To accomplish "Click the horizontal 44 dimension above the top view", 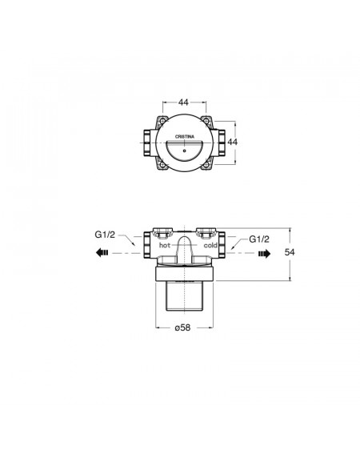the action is (183, 102).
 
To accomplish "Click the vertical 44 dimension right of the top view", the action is (232, 142).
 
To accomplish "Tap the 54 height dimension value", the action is (290, 252).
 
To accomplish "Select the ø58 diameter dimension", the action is (183, 327).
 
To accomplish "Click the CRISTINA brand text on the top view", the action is (185, 137).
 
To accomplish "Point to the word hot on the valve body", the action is (165, 245).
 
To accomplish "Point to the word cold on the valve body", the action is (210, 245).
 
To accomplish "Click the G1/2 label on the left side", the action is (105, 235).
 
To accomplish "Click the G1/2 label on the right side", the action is (259, 239).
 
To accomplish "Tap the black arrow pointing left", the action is (102, 252).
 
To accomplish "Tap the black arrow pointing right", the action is (264, 254).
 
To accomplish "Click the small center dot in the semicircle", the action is (184, 151).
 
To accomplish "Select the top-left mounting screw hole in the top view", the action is (163, 120).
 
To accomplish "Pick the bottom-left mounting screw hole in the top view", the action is (163, 165).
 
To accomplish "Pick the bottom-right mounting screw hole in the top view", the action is (206, 165).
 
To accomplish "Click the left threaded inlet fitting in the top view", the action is (147, 143).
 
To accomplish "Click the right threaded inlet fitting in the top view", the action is (222, 143).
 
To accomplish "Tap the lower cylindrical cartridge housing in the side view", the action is (184, 295).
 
